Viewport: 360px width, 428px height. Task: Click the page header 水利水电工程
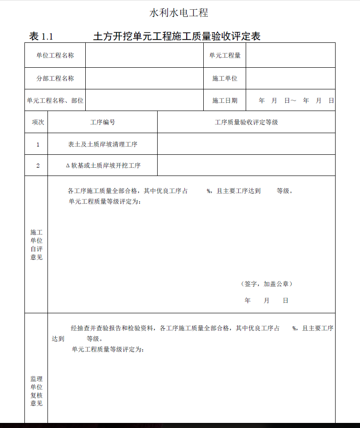click(179, 13)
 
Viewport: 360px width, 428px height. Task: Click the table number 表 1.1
click(41, 36)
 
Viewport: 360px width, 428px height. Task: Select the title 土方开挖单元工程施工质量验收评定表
click(177, 36)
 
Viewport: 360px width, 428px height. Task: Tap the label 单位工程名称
click(55, 55)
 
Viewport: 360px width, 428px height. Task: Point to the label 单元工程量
click(224, 55)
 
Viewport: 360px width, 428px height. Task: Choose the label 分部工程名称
click(55, 78)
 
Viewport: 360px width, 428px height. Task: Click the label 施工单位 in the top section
click(224, 78)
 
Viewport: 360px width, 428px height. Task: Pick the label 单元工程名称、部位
click(55, 100)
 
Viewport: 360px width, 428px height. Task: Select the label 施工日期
click(224, 100)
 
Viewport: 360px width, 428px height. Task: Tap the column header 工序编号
click(102, 123)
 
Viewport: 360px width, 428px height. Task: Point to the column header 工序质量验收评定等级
click(246, 123)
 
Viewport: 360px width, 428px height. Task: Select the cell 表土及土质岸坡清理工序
click(102, 144)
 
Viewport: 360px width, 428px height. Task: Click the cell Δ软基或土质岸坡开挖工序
click(103, 165)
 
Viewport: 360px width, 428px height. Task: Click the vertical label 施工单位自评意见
click(36, 245)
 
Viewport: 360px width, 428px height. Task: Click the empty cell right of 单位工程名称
click(144, 55)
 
